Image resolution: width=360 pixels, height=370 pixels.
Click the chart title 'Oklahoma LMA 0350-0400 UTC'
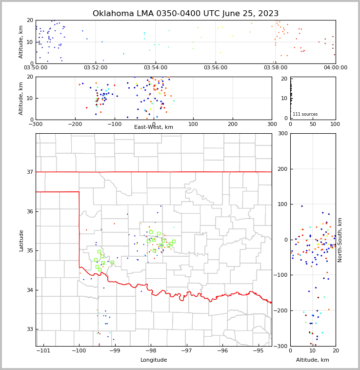tap(185, 14)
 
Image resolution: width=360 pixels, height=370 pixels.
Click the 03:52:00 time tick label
tap(96, 67)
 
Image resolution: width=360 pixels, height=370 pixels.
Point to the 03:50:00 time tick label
tap(36, 67)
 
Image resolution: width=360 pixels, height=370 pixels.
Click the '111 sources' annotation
tap(305, 114)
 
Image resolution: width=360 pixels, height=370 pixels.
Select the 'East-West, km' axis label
tap(154, 127)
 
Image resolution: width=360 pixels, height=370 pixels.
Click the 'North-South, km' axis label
tap(340, 240)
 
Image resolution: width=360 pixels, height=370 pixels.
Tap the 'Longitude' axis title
tap(154, 360)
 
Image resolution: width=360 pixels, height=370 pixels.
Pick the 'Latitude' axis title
tap(21, 240)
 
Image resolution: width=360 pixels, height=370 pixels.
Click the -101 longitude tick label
tap(43, 351)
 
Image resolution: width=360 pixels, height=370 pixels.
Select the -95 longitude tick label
tap(259, 351)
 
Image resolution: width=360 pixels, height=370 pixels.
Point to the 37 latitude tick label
tap(29, 172)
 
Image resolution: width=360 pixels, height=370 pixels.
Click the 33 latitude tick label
tap(29, 329)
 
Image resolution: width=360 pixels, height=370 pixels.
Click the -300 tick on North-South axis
tap(282, 346)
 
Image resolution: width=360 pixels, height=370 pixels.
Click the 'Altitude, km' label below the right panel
tap(313, 360)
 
